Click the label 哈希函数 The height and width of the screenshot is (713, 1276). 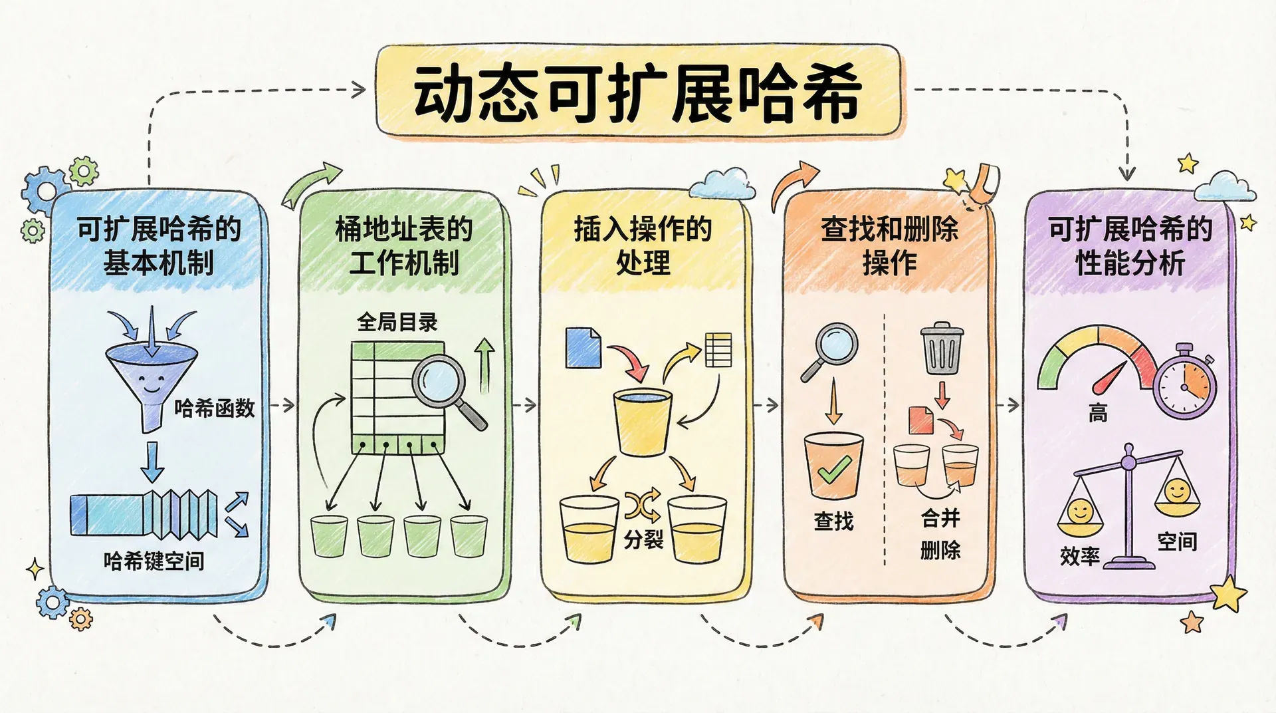click(215, 408)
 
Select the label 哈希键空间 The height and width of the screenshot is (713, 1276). click(154, 561)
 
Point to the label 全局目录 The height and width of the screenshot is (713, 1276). click(397, 323)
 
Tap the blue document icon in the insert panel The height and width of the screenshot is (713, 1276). click(583, 347)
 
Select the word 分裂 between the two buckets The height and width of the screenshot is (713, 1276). click(643, 539)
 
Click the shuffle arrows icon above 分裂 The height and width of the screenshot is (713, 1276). click(643, 505)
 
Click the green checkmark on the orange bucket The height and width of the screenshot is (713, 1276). click(833, 470)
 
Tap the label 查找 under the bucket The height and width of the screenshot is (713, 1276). click(833, 521)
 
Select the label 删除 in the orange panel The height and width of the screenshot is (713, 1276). click(940, 550)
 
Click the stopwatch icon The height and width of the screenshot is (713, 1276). click(1185, 382)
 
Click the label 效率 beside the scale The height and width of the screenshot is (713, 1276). click(1080, 555)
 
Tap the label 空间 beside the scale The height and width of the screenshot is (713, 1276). click(1177, 541)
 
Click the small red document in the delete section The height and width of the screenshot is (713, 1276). click(921, 420)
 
